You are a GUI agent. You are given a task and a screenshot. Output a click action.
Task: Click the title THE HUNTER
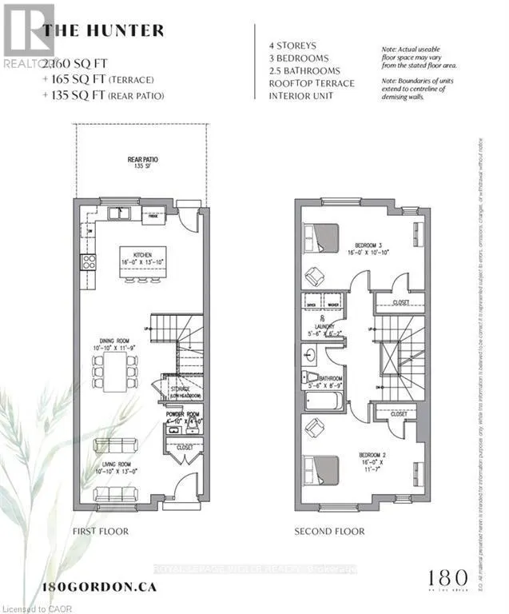tap(103, 30)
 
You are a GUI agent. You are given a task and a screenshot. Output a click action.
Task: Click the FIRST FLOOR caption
tap(100, 532)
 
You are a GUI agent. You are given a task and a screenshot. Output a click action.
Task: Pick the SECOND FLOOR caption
tap(329, 532)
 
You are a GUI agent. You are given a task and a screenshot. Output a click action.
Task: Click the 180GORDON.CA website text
tap(98, 586)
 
